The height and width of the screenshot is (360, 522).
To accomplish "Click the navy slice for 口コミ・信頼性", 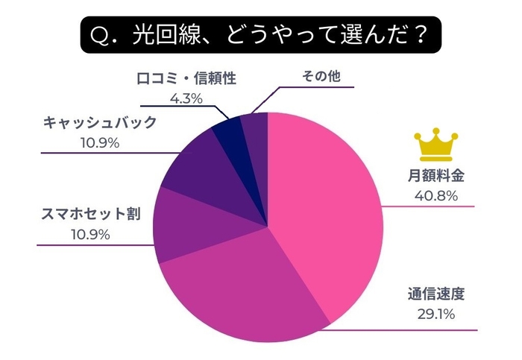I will [x=227, y=134].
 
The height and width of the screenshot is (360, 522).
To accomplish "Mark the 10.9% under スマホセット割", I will [x=90, y=235].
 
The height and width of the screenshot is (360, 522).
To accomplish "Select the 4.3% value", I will [x=186, y=98].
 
